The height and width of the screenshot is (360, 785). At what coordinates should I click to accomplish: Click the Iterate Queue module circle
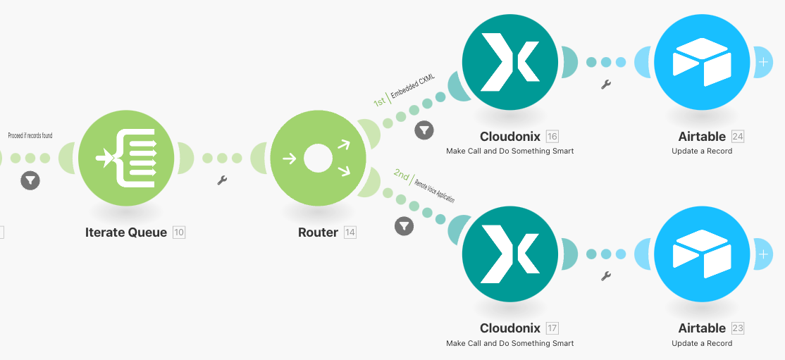coord(126,159)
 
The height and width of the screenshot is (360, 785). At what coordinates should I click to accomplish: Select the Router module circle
coord(318,159)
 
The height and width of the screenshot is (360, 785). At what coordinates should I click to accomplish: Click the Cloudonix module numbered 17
coord(510,254)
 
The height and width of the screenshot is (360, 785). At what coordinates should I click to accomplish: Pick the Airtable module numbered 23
coord(702,254)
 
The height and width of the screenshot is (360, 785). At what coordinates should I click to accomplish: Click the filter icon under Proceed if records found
coord(30,180)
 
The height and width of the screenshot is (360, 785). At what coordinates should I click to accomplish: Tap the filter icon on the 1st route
coord(424,130)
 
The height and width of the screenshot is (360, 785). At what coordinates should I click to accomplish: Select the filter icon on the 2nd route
coord(404,225)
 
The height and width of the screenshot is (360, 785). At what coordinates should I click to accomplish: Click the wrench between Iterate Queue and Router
coord(222,180)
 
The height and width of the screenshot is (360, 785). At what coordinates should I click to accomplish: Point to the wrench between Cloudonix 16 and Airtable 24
coord(605,85)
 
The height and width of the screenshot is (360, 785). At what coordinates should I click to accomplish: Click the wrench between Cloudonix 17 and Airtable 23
coord(605,276)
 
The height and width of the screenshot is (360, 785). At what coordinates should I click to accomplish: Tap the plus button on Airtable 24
coord(763,62)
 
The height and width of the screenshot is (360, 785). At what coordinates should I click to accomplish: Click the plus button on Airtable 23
coord(763,254)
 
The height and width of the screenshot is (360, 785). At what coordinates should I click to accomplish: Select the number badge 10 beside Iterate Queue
coord(179,232)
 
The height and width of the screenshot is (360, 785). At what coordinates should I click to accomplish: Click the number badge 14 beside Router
coord(350,232)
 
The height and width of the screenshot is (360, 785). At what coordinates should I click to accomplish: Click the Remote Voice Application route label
coord(434,190)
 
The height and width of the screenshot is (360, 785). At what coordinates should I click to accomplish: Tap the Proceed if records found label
coord(30,135)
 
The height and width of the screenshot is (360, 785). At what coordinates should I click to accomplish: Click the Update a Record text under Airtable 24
coord(702,151)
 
